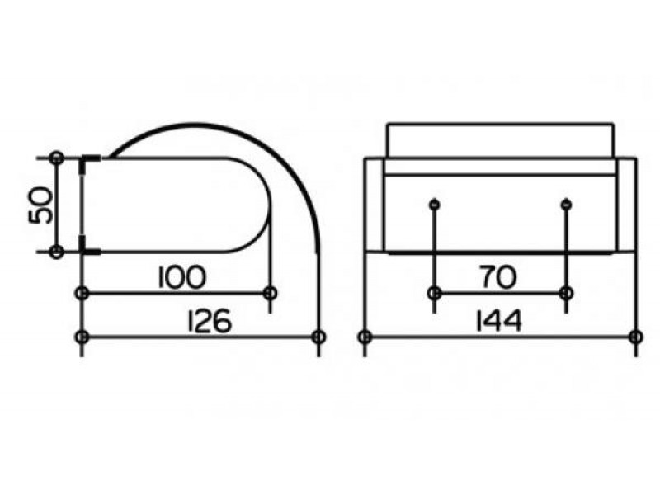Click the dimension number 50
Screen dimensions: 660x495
click(40, 205)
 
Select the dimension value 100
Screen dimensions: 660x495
click(182, 277)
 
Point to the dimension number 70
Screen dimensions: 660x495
click(498, 277)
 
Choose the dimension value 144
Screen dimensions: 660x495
click(498, 321)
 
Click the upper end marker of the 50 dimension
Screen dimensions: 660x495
click(56, 158)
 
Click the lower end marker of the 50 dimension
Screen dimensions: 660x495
click(56, 252)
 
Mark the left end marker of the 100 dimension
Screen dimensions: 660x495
click(82, 293)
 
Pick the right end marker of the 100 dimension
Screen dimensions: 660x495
click(271, 293)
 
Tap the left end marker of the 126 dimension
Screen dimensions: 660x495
click(82, 337)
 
